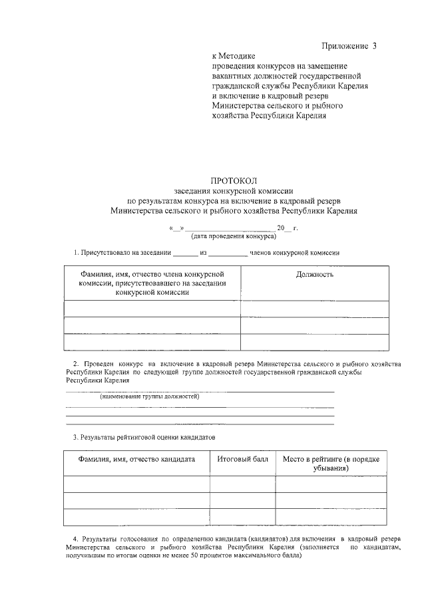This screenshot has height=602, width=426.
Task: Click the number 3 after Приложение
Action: click(374, 46)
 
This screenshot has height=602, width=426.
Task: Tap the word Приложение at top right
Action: click(345, 46)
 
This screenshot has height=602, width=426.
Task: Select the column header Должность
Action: click(315, 274)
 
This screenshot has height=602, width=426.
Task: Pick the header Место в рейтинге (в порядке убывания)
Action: click(331, 464)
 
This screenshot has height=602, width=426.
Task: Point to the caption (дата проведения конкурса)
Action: click(234, 237)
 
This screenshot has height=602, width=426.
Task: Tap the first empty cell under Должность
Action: click(315, 309)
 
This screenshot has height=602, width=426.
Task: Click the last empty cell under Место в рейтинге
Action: click(331, 517)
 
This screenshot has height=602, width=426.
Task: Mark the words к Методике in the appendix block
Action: click(233, 57)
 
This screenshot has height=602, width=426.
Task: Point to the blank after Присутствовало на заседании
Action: click(186, 253)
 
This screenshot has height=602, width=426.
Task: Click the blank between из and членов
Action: click(230, 253)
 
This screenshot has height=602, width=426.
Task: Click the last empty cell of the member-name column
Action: click(152, 341)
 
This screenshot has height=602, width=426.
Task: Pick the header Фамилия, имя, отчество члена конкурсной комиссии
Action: click(152, 283)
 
